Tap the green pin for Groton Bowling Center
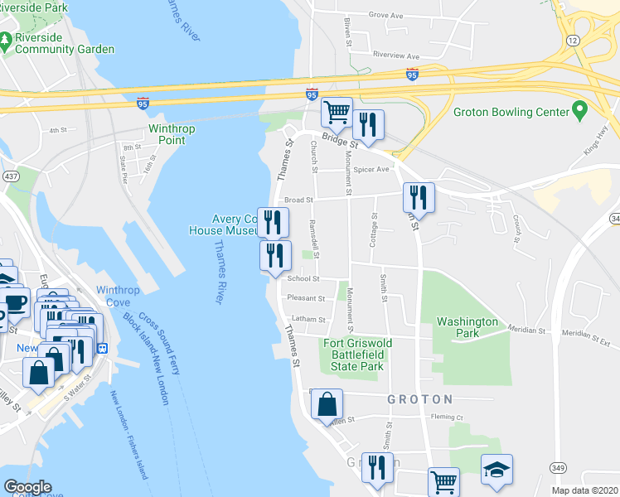pyautogui.click(x=580, y=111)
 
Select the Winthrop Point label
pyautogui.click(x=167, y=134)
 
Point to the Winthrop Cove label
pyautogui.click(x=118, y=296)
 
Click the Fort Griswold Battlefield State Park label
pyautogui.click(x=357, y=355)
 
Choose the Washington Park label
pyautogui.click(x=467, y=327)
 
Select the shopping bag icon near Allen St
pyautogui.click(x=327, y=404)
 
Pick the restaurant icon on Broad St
pyautogui.click(x=419, y=196)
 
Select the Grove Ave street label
pyautogui.click(x=385, y=15)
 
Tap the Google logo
pyautogui.click(x=27, y=487)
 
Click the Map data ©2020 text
pyautogui.click(x=584, y=490)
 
